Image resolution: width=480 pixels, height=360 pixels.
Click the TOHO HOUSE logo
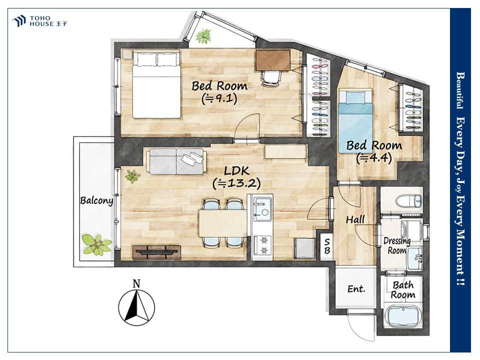(x=39, y=21)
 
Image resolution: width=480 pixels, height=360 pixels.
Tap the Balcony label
(x=96, y=200)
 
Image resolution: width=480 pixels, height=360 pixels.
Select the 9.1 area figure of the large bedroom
(x=219, y=98)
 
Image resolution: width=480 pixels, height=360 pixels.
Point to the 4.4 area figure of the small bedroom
(x=374, y=158)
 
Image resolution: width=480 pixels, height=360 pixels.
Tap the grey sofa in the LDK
(x=176, y=161)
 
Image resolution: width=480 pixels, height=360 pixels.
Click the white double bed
(x=156, y=85)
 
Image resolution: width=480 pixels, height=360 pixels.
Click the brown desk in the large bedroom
(x=273, y=60)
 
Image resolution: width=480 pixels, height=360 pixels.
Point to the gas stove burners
(x=263, y=245)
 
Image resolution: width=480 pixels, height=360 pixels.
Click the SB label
(x=327, y=246)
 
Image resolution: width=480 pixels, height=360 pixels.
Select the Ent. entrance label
(x=356, y=288)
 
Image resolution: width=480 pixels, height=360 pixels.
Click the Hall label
(x=355, y=219)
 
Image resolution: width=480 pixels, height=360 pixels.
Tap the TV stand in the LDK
(x=156, y=251)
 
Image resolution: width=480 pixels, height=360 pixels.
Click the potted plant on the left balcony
(x=96, y=244)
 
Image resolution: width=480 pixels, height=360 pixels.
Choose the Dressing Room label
(x=397, y=245)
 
